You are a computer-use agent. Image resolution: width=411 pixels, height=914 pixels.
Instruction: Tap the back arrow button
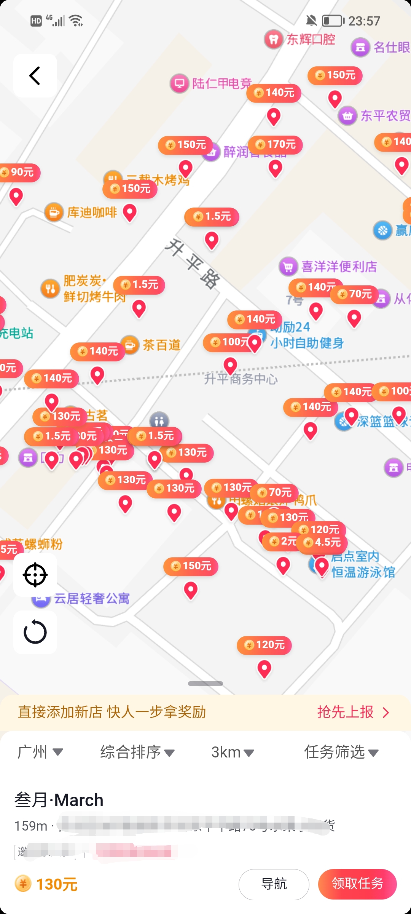click(x=35, y=75)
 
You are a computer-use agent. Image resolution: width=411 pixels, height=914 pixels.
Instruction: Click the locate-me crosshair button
click(x=35, y=575)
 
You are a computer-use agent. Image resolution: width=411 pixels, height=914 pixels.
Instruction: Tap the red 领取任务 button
click(x=357, y=884)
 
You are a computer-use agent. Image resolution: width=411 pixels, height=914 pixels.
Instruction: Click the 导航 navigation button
click(x=274, y=884)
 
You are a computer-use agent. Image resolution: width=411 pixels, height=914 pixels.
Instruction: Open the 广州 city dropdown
click(x=40, y=752)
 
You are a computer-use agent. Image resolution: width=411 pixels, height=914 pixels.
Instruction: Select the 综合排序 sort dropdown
click(x=137, y=752)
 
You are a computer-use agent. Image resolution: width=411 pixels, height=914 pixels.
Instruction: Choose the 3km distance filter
click(x=232, y=752)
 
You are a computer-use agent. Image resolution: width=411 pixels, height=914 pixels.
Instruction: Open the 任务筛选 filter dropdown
click(x=341, y=752)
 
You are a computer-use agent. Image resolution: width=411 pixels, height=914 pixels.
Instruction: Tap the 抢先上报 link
click(x=352, y=712)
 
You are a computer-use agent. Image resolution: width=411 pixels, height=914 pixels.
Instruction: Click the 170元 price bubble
click(x=276, y=145)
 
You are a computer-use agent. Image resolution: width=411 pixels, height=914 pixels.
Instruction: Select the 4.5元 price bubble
click(x=323, y=542)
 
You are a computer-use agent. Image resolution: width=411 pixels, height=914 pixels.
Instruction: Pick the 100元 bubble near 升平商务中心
click(x=228, y=342)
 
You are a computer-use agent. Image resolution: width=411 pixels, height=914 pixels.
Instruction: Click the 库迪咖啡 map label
click(x=92, y=213)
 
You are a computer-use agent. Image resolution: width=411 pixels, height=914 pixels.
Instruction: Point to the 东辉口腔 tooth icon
click(x=273, y=39)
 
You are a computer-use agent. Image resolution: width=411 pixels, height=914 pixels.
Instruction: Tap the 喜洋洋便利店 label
click(x=339, y=267)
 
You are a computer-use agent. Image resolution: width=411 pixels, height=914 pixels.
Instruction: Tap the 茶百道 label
click(x=161, y=345)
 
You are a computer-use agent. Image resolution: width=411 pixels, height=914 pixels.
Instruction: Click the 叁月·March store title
click(x=59, y=800)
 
